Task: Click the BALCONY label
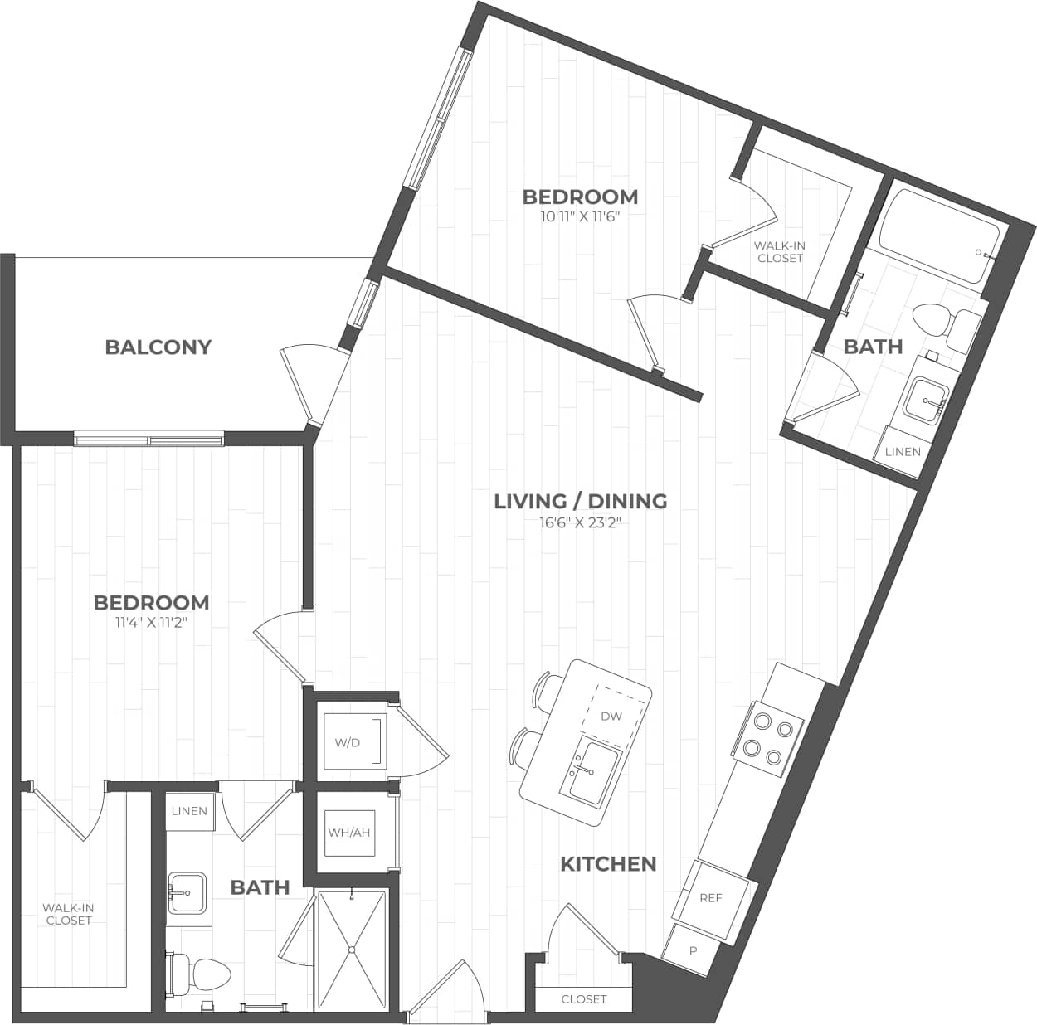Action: [158, 347]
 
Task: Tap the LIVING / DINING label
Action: [580, 501]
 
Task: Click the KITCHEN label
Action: [608, 864]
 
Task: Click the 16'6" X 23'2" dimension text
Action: [580, 522]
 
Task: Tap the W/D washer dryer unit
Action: [353, 741]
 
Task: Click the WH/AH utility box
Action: [349, 832]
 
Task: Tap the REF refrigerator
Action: [711, 897]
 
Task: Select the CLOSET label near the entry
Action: [584, 999]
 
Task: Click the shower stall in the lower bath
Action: [352, 950]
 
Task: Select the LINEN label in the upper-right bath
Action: [903, 452]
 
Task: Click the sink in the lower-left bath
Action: [187, 893]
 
